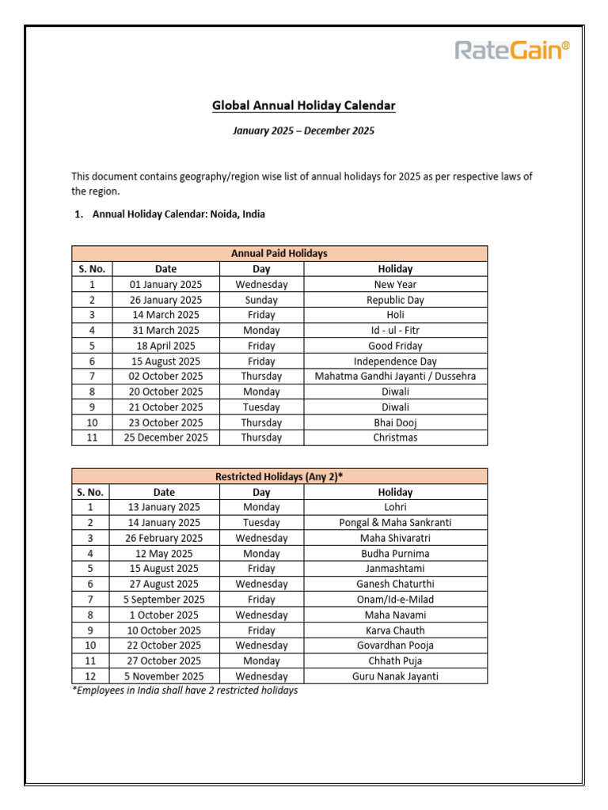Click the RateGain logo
[x=511, y=51]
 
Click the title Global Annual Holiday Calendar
[x=303, y=105]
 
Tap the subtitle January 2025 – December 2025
[x=303, y=131]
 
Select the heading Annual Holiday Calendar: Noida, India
[x=178, y=214]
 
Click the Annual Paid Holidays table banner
[x=279, y=254]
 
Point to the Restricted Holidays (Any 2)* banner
[x=279, y=476]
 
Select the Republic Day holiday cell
[x=395, y=300]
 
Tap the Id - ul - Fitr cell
[x=395, y=331]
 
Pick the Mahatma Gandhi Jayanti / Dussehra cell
[x=395, y=377]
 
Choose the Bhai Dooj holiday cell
[x=395, y=422]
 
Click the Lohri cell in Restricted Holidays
[x=395, y=507]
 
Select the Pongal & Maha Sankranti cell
[x=395, y=523]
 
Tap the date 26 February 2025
[x=165, y=538]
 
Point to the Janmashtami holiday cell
[x=395, y=569]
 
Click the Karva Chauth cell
[x=395, y=630]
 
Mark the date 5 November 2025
[x=165, y=676]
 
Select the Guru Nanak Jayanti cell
[x=395, y=676]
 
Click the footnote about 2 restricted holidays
[x=184, y=691]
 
